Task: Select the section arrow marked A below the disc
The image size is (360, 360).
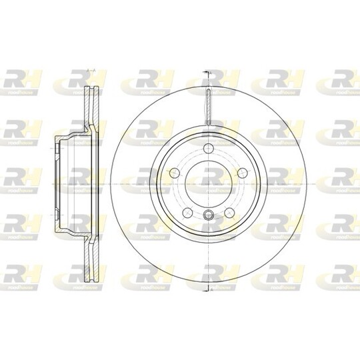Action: point(208,288)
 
